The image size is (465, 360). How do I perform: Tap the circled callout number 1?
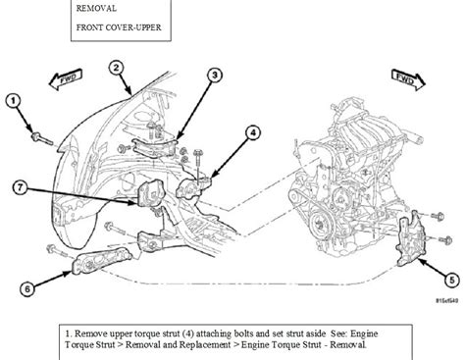click(13, 99)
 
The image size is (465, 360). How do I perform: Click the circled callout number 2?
click(117, 68)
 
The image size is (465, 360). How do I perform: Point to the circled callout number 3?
click(216, 75)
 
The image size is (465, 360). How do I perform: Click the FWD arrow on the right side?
click(401, 77)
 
